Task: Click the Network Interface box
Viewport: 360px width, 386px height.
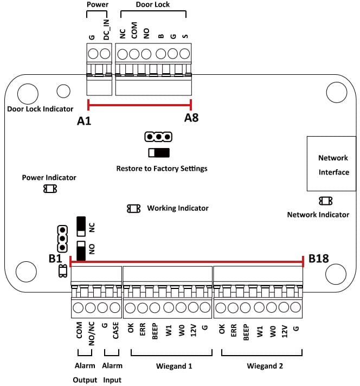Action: tap(333, 164)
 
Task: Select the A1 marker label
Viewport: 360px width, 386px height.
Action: tap(83, 121)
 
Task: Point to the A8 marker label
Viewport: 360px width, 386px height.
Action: tap(191, 118)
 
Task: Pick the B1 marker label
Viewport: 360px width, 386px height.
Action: tap(55, 259)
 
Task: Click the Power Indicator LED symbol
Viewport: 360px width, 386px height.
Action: tap(50, 189)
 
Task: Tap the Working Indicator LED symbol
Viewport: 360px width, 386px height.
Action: tap(133, 208)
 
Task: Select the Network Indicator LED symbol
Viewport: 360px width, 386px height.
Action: tap(326, 201)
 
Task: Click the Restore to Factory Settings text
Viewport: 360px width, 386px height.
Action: tap(162, 169)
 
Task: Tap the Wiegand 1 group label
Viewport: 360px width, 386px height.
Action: tap(174, 366)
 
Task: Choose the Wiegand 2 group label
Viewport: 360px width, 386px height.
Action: tap(265, 366)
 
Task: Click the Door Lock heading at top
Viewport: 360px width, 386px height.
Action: tap(153, 5)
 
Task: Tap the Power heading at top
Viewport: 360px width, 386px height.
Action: tap(98, 5)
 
